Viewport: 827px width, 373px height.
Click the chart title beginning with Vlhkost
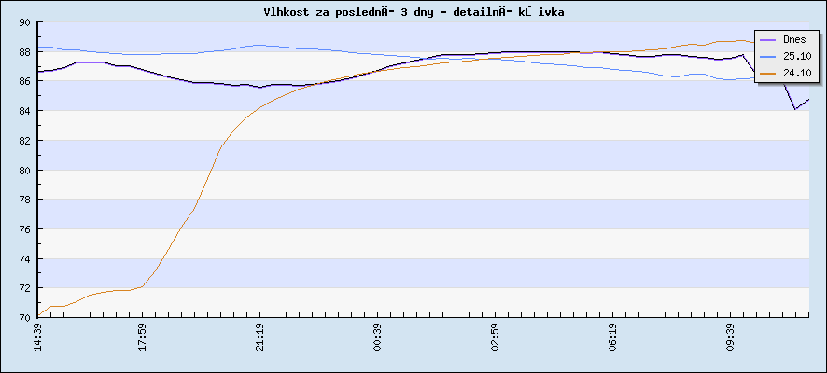413,11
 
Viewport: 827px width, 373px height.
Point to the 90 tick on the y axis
24,22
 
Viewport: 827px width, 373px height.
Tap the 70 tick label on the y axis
24,318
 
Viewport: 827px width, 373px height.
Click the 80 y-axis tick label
24,171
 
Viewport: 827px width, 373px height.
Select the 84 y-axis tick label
24,111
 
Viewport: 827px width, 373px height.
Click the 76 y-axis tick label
24,229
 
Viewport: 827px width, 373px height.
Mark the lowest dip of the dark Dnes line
795,109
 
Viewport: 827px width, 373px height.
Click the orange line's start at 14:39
38,315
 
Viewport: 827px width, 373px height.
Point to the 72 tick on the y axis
24,288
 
